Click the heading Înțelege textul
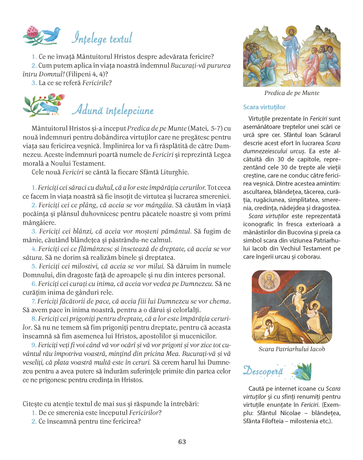(102, 38)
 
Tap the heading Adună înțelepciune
(113, 110)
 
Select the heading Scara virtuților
(264, 107)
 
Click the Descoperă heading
(263, 371)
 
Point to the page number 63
(182, 442)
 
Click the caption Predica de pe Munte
(292, 93)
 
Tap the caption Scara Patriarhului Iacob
(292, 349)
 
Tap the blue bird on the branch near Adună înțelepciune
(49, 107)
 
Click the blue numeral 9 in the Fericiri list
(34, 345)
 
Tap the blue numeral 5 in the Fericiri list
(34, 266)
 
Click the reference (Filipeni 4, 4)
(86, 74)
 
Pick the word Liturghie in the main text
(175, 172)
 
